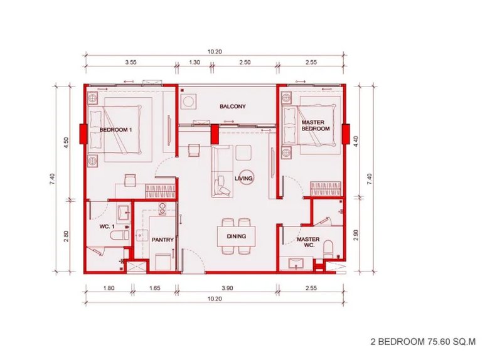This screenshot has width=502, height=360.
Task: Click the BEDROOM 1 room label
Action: click(x=115, y=129)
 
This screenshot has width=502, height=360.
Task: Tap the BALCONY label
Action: click(x=232, y=107)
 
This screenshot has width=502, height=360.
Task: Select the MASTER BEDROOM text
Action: click(x=315, y=125)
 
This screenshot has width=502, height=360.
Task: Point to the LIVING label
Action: click(x=243, y=179)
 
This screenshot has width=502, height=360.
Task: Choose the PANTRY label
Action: click(x=163, y=240)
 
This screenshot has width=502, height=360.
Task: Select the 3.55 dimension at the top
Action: click(x=131, y=63)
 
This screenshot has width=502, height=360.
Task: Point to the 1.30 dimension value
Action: click(x=195, y=63)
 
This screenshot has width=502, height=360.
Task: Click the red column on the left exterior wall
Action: click(x=83, y=133)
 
